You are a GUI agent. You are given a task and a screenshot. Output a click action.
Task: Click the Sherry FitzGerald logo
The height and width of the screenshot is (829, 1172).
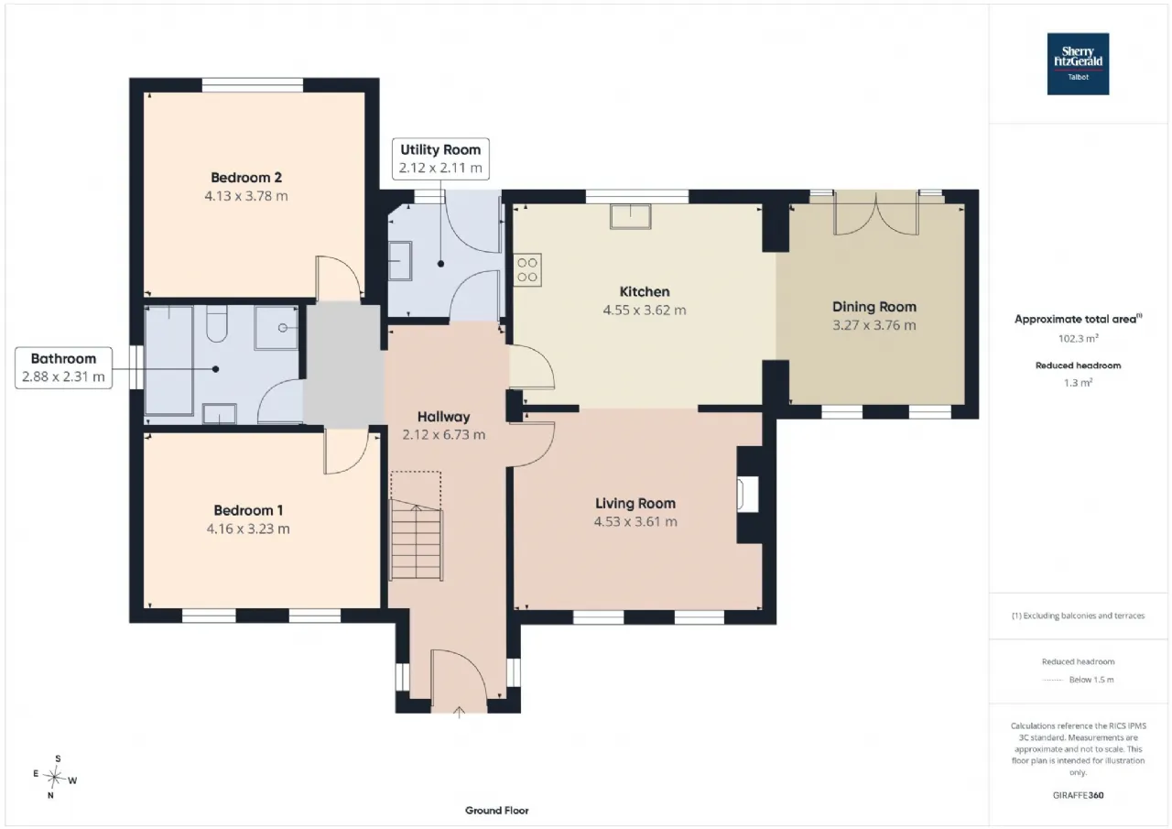coord(1078,64)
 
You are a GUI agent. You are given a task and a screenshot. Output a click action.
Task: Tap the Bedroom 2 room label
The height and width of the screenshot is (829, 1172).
coord(246,178)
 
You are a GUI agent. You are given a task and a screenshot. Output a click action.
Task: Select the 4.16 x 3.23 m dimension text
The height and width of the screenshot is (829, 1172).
coord(248,529)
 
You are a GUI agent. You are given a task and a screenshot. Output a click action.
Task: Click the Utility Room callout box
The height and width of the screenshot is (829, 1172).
coord(440,158)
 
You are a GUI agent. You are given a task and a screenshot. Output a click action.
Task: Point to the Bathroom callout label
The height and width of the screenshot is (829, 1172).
coord(63,368)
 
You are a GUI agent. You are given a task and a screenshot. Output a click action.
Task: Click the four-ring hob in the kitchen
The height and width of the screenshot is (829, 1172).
coord(526,270)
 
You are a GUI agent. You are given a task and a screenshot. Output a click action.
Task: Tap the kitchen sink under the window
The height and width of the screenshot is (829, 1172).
coord(631,216)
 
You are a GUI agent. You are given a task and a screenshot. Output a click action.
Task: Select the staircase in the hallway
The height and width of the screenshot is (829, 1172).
coord(417,540)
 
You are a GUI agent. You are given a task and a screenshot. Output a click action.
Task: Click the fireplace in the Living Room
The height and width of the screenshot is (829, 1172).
coord(747,494)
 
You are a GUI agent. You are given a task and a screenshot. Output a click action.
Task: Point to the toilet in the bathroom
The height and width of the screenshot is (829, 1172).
coord(217,324)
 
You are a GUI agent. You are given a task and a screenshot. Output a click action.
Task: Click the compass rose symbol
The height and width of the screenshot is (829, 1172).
coord(54,777)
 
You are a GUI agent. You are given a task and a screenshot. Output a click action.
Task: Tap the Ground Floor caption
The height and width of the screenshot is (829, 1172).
coord(496,810)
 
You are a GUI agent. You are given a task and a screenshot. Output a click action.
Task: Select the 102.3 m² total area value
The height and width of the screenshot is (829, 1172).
coord(1078,338)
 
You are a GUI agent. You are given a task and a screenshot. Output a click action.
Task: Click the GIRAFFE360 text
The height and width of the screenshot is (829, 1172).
coord(1078,795)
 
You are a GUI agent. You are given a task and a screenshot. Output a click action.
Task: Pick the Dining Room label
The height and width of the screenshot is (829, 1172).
coord(874,307)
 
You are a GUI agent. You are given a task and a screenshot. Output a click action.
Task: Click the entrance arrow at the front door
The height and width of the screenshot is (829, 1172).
coord(459,713)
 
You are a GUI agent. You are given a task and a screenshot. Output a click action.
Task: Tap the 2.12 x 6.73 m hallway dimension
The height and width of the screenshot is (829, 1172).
coord(444,435)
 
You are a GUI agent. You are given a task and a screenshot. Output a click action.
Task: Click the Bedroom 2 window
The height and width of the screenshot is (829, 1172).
coord(253,85)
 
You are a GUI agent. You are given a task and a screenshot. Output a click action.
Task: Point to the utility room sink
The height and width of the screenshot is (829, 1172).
coord(400,261)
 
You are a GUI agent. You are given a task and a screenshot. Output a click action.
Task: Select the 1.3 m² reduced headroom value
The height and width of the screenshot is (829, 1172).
coord(1078,383)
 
